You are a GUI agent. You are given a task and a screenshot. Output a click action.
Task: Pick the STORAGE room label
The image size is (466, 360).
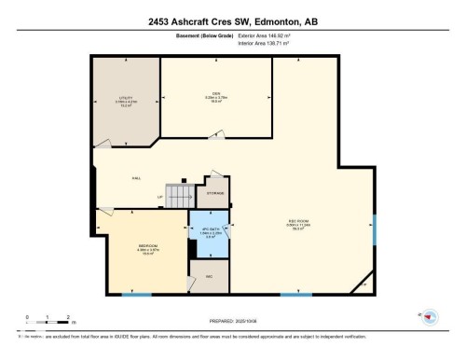(x=215, y=192)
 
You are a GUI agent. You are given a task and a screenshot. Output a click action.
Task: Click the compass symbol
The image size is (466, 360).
(x=431, y=317)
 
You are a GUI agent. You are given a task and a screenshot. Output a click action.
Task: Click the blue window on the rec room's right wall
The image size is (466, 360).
(x=373, y=228)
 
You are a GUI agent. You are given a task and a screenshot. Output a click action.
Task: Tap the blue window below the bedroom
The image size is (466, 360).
(x=137, y=296)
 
